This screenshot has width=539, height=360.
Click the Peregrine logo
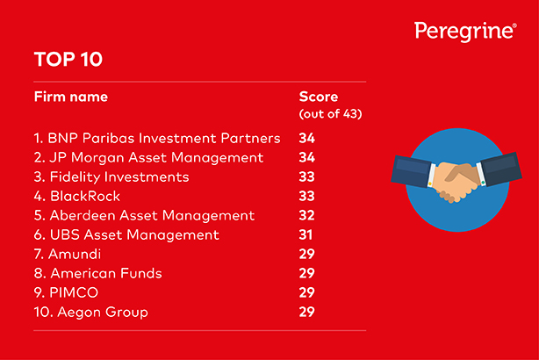click(x=465, y=32)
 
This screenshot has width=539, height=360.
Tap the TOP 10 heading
click(x=68, y=59)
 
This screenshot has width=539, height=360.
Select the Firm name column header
click(x=71, y=97)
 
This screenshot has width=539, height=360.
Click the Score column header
click(x=319, y=97)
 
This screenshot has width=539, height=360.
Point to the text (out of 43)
click(x=330, y=114)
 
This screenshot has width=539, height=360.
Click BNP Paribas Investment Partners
click(x=164, y=138)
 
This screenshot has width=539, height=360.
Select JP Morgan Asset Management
click(x=156, y=158)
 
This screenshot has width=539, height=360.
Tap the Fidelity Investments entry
click(x=119, y=177)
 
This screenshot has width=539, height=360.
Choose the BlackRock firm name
click(x=85, y=197)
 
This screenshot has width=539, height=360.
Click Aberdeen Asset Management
click(x=152, y=216)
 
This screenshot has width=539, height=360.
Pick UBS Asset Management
click(x=134, y=234)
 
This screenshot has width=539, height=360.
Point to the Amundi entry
click(x=75, y=254)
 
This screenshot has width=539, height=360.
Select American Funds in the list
click(x=106, y=273)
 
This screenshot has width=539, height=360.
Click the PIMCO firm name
click(x=74, y=292)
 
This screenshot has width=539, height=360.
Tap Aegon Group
click(x=103, y=313)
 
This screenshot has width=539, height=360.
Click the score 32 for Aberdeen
click(x=306, y=216)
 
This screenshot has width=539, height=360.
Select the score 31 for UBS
click(x=305, y=234)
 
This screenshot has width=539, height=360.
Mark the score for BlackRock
click(x=306, y=197)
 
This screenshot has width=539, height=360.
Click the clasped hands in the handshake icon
click(x=456, y=181)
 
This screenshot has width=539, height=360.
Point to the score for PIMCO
click(x=306, y=292)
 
